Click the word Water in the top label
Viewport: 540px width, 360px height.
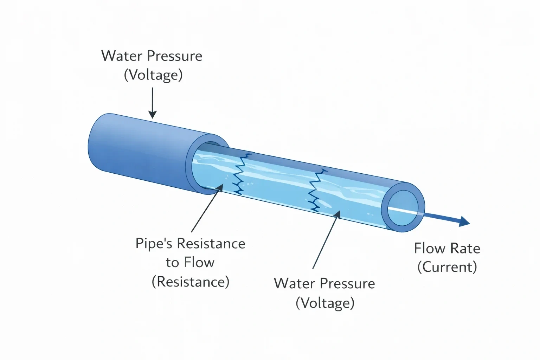pos(122,56)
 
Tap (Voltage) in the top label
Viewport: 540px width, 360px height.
pos(153,75)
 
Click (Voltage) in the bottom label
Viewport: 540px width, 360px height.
pos(325,303)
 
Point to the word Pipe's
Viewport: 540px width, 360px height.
pos(154,244)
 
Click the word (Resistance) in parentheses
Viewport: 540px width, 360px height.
pos(191,281)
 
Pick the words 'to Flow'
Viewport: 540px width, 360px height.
pos(190,262)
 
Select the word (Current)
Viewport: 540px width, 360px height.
pos(447,267)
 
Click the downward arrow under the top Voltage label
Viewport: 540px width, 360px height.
pos(152,103)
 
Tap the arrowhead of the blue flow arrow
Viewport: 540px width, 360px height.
pos(464,221)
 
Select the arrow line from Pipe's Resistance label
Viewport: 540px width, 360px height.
pos(207,208)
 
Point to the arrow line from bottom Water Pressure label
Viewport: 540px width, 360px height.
pos(326,239)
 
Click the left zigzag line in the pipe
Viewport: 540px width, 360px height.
pos(240,174)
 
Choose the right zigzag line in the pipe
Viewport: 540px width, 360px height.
pos(316,191)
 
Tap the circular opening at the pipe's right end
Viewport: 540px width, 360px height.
pos(403,208)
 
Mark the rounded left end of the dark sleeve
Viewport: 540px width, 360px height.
pos(93,142)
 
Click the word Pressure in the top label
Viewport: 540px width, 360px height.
pos(174,56)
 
